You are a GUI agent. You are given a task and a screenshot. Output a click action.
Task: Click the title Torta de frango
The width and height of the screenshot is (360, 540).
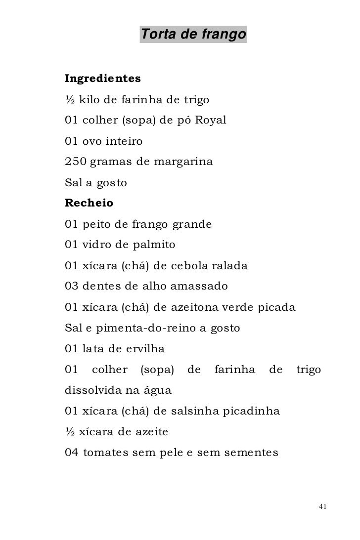coord(193,35)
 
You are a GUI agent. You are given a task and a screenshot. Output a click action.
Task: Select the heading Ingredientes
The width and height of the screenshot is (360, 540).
coord(103,78)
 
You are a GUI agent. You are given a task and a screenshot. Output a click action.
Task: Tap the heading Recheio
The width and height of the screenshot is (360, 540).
coord(89,203)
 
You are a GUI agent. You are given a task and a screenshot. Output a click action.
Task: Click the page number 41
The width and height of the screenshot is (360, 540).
coord(323,507)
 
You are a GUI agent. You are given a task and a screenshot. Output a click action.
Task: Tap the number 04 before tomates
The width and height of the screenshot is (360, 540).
coord(72,453)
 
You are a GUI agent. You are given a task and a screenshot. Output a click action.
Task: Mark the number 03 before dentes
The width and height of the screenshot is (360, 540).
coord(72,286)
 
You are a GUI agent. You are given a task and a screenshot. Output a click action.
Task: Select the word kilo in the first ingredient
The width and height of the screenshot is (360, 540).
coord(90,99)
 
